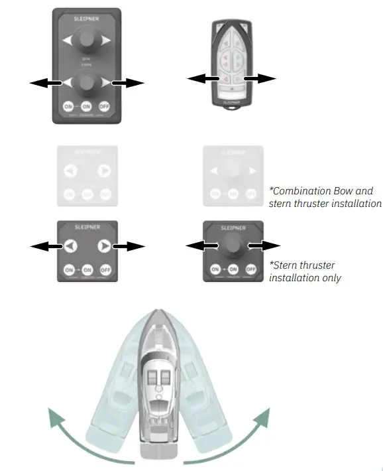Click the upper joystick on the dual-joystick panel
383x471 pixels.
point(87,42)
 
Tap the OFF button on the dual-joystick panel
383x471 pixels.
point(104,106)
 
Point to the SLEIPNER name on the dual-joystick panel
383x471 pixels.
point(87,21)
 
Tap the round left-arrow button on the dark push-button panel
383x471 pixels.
point(70,247)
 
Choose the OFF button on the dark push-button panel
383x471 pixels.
point(105,270)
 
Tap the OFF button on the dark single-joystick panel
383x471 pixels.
point(250,269)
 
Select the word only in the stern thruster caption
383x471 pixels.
point(329,277)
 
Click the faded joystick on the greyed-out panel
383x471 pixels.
point(232,172)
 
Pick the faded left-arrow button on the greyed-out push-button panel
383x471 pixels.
point(70,172)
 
